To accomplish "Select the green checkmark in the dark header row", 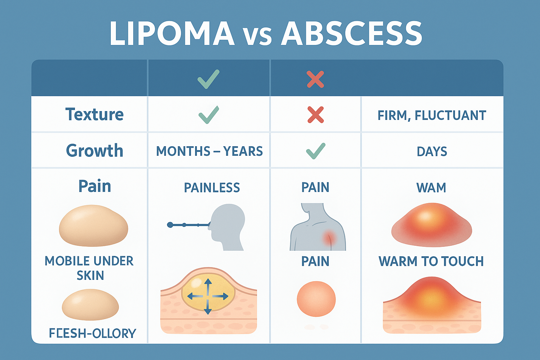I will [208, 79].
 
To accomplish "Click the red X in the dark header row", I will [315, 79].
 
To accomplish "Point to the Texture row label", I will [94, 115].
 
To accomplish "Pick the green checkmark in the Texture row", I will [209, 115].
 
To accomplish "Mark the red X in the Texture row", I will [315, 115].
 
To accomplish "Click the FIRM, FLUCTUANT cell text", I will [432, 115].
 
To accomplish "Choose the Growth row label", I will [95, 151].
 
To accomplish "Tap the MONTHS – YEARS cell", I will [209, 151].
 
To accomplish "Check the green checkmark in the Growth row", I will [315, 151].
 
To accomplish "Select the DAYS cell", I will [432, 152].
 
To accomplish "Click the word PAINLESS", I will [212, 188].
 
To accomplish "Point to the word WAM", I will [431, 188].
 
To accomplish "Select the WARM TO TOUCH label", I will [431, 261].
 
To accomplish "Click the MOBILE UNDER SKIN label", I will [90, 268].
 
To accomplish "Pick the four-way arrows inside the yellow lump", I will [208, 296].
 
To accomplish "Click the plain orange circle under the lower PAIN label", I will [316, 299].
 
